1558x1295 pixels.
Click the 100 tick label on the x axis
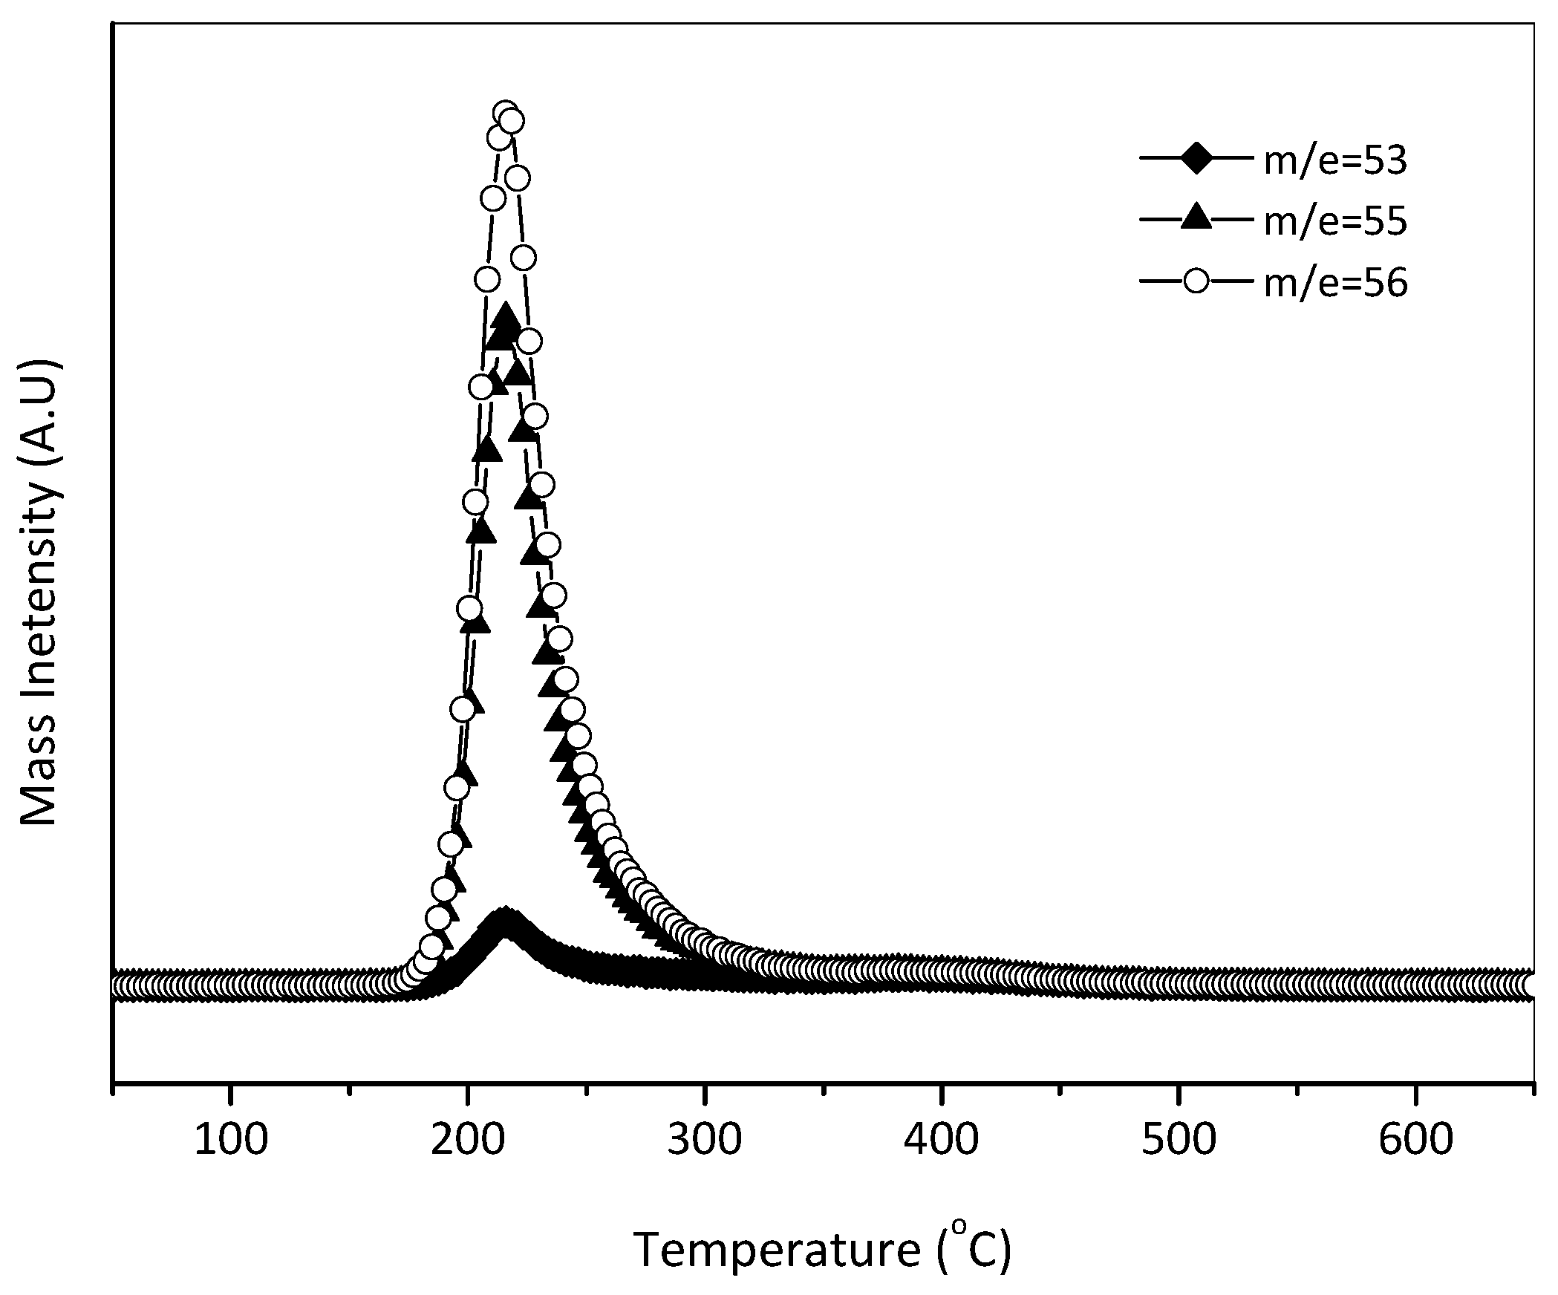230,1140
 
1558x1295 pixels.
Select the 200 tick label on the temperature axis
467,1140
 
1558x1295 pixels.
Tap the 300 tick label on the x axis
704,1140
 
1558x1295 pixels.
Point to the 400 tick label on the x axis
941,1140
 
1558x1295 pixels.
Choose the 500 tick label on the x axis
1179,1140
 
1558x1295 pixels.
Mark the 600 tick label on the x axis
1415,1140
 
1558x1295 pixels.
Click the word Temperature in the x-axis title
776,1250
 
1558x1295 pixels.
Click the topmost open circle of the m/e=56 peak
505,113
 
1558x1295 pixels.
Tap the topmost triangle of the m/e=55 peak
506,316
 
